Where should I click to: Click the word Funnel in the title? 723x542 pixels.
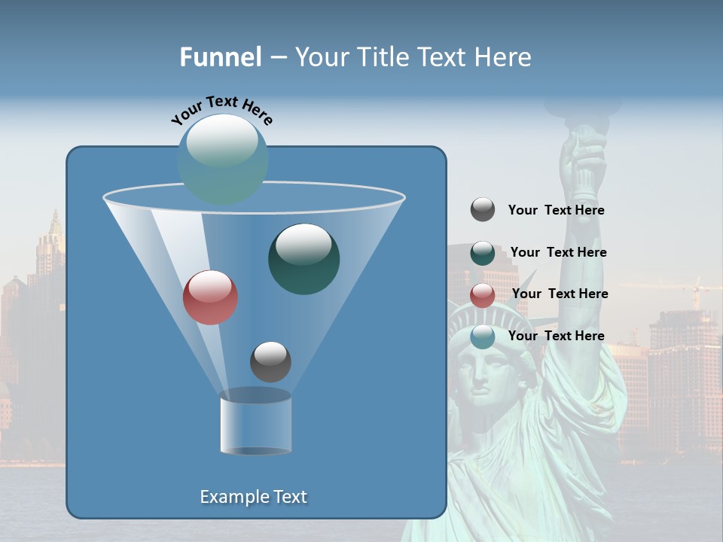(x=220, y=57)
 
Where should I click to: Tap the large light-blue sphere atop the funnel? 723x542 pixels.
(x=222, y=159)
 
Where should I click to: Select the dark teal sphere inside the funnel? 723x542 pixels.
(x=304, y=258)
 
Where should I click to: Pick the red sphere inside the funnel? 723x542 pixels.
(x=210, y=297)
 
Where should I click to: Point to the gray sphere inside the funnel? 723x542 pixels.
(x=270, y=361)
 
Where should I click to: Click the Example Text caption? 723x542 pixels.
(x=253, y=497)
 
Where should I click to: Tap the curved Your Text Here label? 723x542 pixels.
(x=221, y=111)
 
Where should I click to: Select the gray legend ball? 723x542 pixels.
(x=483, y=210)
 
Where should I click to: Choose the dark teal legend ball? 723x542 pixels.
(x=483, y=253)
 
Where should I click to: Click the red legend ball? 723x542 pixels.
(x=483, y=295)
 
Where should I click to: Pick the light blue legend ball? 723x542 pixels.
(x=483, y=336)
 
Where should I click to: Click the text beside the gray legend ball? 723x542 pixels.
(x=556, y=211)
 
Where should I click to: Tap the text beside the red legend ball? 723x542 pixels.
(x=560, y=294)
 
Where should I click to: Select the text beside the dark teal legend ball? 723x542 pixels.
(x=558, y=253)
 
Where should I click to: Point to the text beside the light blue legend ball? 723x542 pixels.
(x=556, y=336)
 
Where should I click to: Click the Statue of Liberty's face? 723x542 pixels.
(x=486, y=373)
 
